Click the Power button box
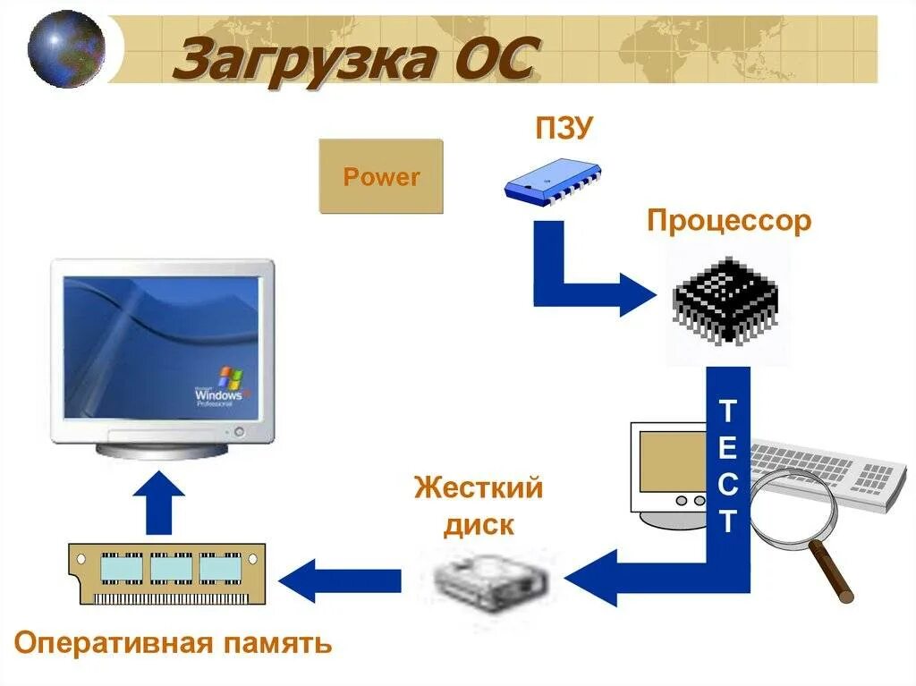pos(381,176)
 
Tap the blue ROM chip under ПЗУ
pos(551,181)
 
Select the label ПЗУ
pos(564,128)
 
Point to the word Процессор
pos(729,220)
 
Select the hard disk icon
pos(491,582)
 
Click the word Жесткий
pos(479,488)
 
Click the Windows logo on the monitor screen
pos(230,377)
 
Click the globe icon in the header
pos(65,48)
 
